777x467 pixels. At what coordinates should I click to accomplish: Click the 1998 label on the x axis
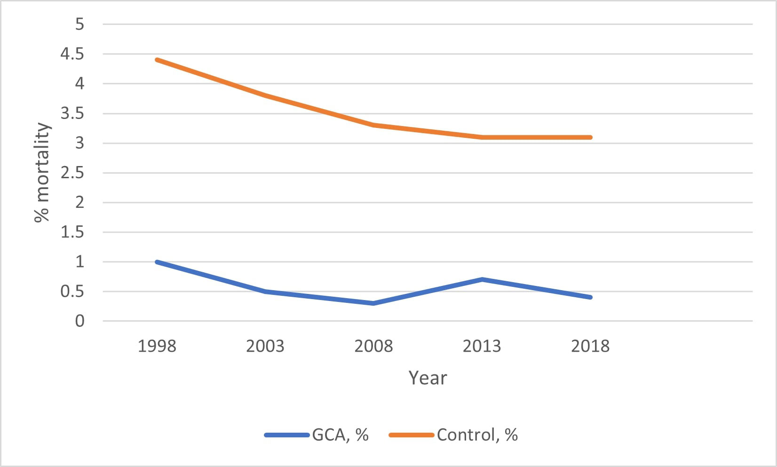[x=157, y=346]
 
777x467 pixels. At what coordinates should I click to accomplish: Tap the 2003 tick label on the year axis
[x=265, y=346]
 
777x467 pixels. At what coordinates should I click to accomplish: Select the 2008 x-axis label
[x=373, y=346]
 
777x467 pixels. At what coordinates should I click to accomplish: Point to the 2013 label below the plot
[x=482, y=346]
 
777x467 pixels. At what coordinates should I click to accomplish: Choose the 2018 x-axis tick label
[x=590, y=346]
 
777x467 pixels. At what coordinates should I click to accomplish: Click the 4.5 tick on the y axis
[x=72, y=54]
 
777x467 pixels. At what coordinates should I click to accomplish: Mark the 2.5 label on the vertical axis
[x=72, y=173]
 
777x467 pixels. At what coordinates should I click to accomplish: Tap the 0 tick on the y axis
[x=79, y=321]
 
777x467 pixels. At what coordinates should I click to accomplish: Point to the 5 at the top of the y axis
[x=79, y=24]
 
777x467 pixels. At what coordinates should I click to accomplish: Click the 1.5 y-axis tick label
[x=72, y=232]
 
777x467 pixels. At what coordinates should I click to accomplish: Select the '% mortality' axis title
[x=42, y=172]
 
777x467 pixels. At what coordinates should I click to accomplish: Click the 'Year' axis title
[x=428, y=378]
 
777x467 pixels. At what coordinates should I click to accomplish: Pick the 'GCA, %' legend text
[x=340, y=435]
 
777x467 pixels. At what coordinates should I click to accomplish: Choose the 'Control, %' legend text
[x=477, y=435]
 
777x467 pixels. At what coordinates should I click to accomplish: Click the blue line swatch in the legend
[x=286, y=435]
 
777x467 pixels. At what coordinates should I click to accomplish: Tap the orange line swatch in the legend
[x=411, y=435]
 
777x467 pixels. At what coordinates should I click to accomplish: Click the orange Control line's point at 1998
[x=157, y=60]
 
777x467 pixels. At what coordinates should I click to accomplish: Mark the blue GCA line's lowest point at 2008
[x=373, y=303]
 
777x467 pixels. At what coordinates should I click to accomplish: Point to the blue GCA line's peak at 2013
[x=482, y=279]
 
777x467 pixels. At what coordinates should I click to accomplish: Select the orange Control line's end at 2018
[x=590, y=137]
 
